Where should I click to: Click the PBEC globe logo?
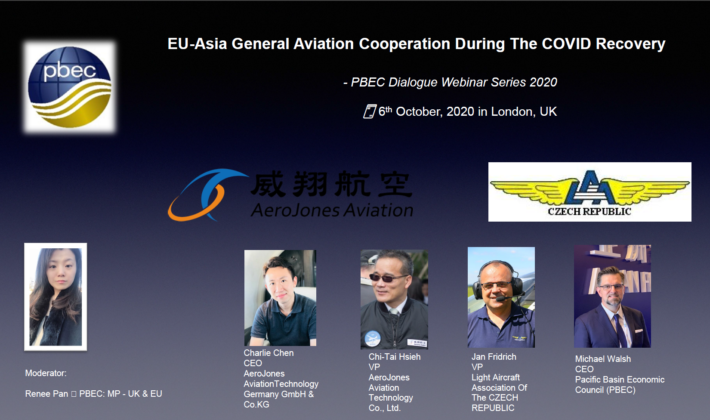click(70, 87)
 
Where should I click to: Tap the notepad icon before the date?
click(370, 111)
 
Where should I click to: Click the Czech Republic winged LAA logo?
click(590, 192)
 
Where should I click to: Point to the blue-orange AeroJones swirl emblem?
click(206, 195)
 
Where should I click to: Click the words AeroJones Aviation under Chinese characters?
click(332, 210)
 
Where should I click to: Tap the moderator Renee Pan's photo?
click(56, 297)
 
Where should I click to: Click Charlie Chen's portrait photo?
click(280, 298)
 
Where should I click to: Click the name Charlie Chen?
click(269, 353)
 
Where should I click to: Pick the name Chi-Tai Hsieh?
click(394, 357)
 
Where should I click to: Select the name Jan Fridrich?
click(494, 357)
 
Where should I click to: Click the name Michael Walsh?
click(603, 359)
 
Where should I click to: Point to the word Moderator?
click(46, 373)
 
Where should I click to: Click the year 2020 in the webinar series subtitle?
click(543, 82)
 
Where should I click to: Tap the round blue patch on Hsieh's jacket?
click(373, 339)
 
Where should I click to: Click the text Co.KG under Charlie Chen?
click(256, 405)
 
